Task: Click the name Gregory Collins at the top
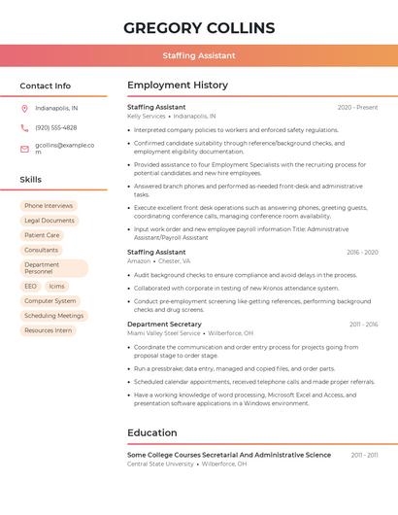point(199,28)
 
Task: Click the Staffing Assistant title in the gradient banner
point(199,56)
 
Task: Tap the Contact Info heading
point(45,86)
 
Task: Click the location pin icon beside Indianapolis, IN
point(24,108)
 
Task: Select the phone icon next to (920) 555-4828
point(24,127)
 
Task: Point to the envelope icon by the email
point(24,149)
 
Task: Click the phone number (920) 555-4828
point(55,127)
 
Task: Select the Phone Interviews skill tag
point(49,206)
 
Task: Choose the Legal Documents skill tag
point(50,221)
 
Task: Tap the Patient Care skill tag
point(42,235)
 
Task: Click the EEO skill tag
point(31,287)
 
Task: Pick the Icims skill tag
point(57,287)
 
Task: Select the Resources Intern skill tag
point(49,330)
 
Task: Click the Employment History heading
point(177,86)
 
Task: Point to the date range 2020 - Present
point(357,107)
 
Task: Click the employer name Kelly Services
point(147,116)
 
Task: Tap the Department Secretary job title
point(164,324)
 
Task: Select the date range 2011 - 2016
point(363,325)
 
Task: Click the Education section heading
point(151,433)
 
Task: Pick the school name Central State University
point(160,463)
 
